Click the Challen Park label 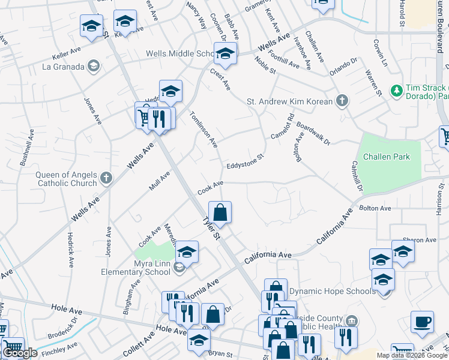coord(391,157)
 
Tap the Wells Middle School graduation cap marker coord(226,55)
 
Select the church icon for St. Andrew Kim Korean coord(342,101)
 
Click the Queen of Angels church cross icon coord(106,178)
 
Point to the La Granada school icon coord(93,66)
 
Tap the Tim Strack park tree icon coord(396,90)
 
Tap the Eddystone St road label coord(245,162)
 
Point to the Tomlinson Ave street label coord(204,130)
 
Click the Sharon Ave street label coord(420,240)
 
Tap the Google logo coord(20,353)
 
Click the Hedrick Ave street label coord(71,250)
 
